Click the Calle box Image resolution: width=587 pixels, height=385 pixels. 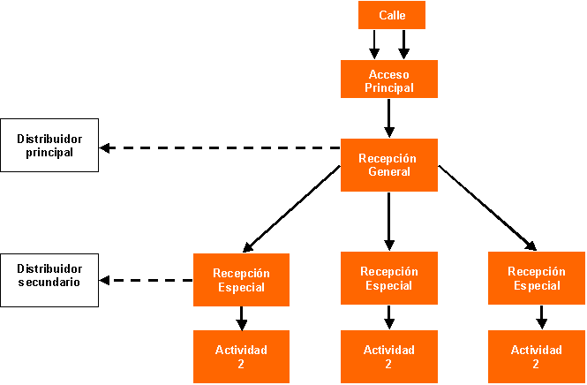click(392, 15)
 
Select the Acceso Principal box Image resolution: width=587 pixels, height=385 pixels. click(389, 79)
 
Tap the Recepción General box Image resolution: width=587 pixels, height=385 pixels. click(389, 164)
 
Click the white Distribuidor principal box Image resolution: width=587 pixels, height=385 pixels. click(49, 146)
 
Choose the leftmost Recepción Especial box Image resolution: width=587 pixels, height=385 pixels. click(241, 279)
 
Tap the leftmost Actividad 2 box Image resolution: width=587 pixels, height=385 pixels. click(241, 356)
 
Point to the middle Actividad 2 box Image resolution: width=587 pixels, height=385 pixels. click(389, 356)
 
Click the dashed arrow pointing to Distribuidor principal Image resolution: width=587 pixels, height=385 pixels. click(221, 147)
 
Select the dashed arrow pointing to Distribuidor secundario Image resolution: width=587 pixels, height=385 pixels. click(147, 281)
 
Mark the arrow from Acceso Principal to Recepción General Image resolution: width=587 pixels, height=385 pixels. click(389, 117)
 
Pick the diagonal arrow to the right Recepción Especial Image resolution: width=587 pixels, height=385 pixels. click(487, 208)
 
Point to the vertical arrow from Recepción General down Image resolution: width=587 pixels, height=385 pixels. click(389, 221)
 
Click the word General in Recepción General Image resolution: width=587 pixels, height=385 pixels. click(389, 171)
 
